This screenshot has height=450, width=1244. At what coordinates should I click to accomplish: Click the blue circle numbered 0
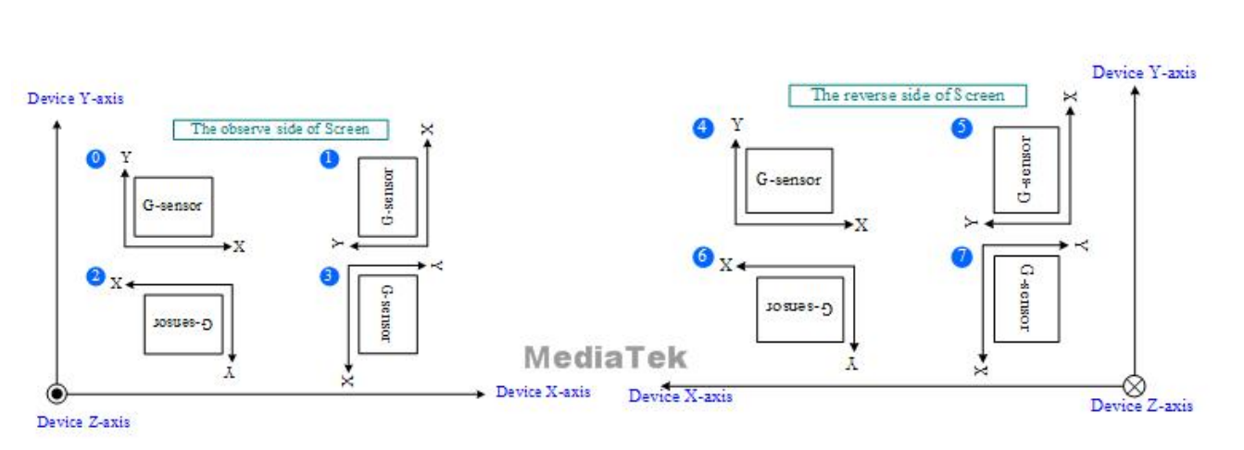pyautogui.click(x=94, y=159)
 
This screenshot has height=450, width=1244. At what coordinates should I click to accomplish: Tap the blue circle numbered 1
pyautogui.click(x=328, y=159)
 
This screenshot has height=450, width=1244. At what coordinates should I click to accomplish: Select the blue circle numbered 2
pyautogui.click(x=94, y=276)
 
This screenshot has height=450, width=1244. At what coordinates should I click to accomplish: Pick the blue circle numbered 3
pyautogui.click(x=328, y=276)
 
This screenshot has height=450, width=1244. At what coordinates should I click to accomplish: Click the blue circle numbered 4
pyautogui.click(x=704, y=129)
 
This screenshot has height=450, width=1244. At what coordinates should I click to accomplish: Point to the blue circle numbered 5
pyautogui.click(x=962, y=129)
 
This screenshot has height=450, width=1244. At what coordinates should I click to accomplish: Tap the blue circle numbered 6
pyautogui.click(x=704, y=259)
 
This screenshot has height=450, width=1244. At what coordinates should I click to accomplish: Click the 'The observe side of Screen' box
pyautogui.click(x=280, y=130)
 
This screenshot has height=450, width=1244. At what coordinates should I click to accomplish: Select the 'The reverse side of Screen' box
pyautogui.click(x=908, y=94)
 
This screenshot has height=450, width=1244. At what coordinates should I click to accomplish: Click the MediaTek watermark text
pyautogui.click(x=606, y=357)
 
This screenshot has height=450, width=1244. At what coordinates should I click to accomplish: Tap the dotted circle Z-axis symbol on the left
pyautogui.click(x=57, y=394)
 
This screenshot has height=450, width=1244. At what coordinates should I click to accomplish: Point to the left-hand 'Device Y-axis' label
pyautogui.click(x=76, y=97)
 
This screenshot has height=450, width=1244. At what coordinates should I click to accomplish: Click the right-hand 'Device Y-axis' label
pyautogui.click(x=1144, y=72)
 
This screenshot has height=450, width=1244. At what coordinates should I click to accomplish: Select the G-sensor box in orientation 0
pyautogui.click(x=172, y=206)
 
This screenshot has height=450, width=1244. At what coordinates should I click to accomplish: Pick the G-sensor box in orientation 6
pyautogui.click(x=796, y=308)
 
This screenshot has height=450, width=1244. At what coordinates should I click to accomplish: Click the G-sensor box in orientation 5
pyautogui.click(x=1025, y=170)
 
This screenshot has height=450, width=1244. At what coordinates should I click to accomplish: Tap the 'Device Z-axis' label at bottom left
pyautogui.click(x=83, y=422)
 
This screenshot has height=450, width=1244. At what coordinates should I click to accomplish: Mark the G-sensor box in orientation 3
pyautogui.click(x=387, y=313)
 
